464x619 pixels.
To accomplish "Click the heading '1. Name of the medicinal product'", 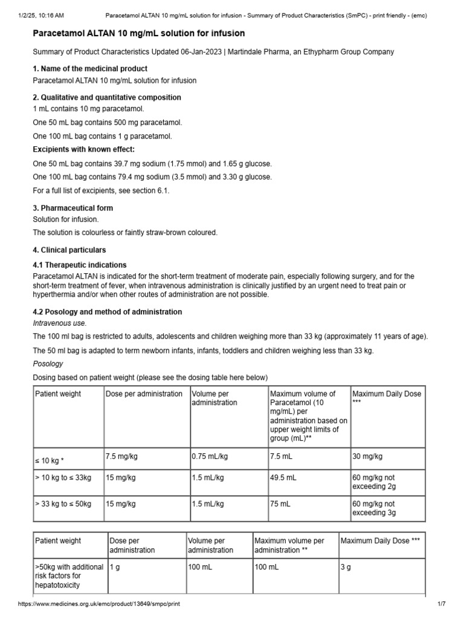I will pyautogui.click(x=90, y=69).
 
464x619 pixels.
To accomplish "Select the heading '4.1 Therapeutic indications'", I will pyautogui.click(x=80, y=265).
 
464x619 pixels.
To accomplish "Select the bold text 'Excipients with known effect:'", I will pyautogui.click(x=83, y=149).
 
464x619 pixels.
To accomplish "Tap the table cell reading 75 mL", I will pyautogui.click(x=280, y=504).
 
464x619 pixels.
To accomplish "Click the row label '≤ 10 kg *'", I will pyautogui.click(x=51, y=461).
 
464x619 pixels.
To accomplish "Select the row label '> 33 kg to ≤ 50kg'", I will pyautogui.click(x=64, y=504).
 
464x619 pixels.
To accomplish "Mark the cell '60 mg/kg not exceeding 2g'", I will pyautogui.click(x=374, y=482).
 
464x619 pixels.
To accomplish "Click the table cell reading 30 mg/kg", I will pyautogui.click(x=367, y=456).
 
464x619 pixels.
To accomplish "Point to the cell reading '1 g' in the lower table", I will pyautogui.click(x=115, y=567).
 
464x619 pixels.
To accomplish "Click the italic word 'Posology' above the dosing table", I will pyautogui.click(x=48, y=365).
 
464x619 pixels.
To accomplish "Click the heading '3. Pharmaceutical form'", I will pyautogui.click(x=72, y=208).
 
